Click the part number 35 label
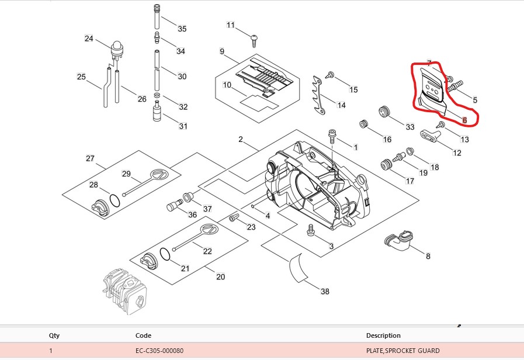pyautogui.click(x=182, y=29)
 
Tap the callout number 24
pyautogui.click(x=89, y=39)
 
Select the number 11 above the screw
pyautogui.click(x=231, y=25)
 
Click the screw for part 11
pyautogui.click(x=254, y=40)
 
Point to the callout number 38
pyautogui.click(x=325, y=290)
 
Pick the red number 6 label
pyautogui.click(x=464, y=120)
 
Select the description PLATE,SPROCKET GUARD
pyautogui.click(x=402, y=351)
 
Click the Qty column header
pyautogui.click(x=54, y=335)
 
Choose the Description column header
pyautogui.click(x=383, y=335)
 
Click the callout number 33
pyautogui.click(x=410, y=127)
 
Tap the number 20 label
pyautogui.click(x=220, y=277)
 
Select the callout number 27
pyautogui.click(x=90, y=158)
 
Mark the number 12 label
pyautogui.click(x=457, y=153)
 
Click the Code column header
pyautogui.click(x=143, y=335)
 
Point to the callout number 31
pyautogui.click(x=183, y=126)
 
